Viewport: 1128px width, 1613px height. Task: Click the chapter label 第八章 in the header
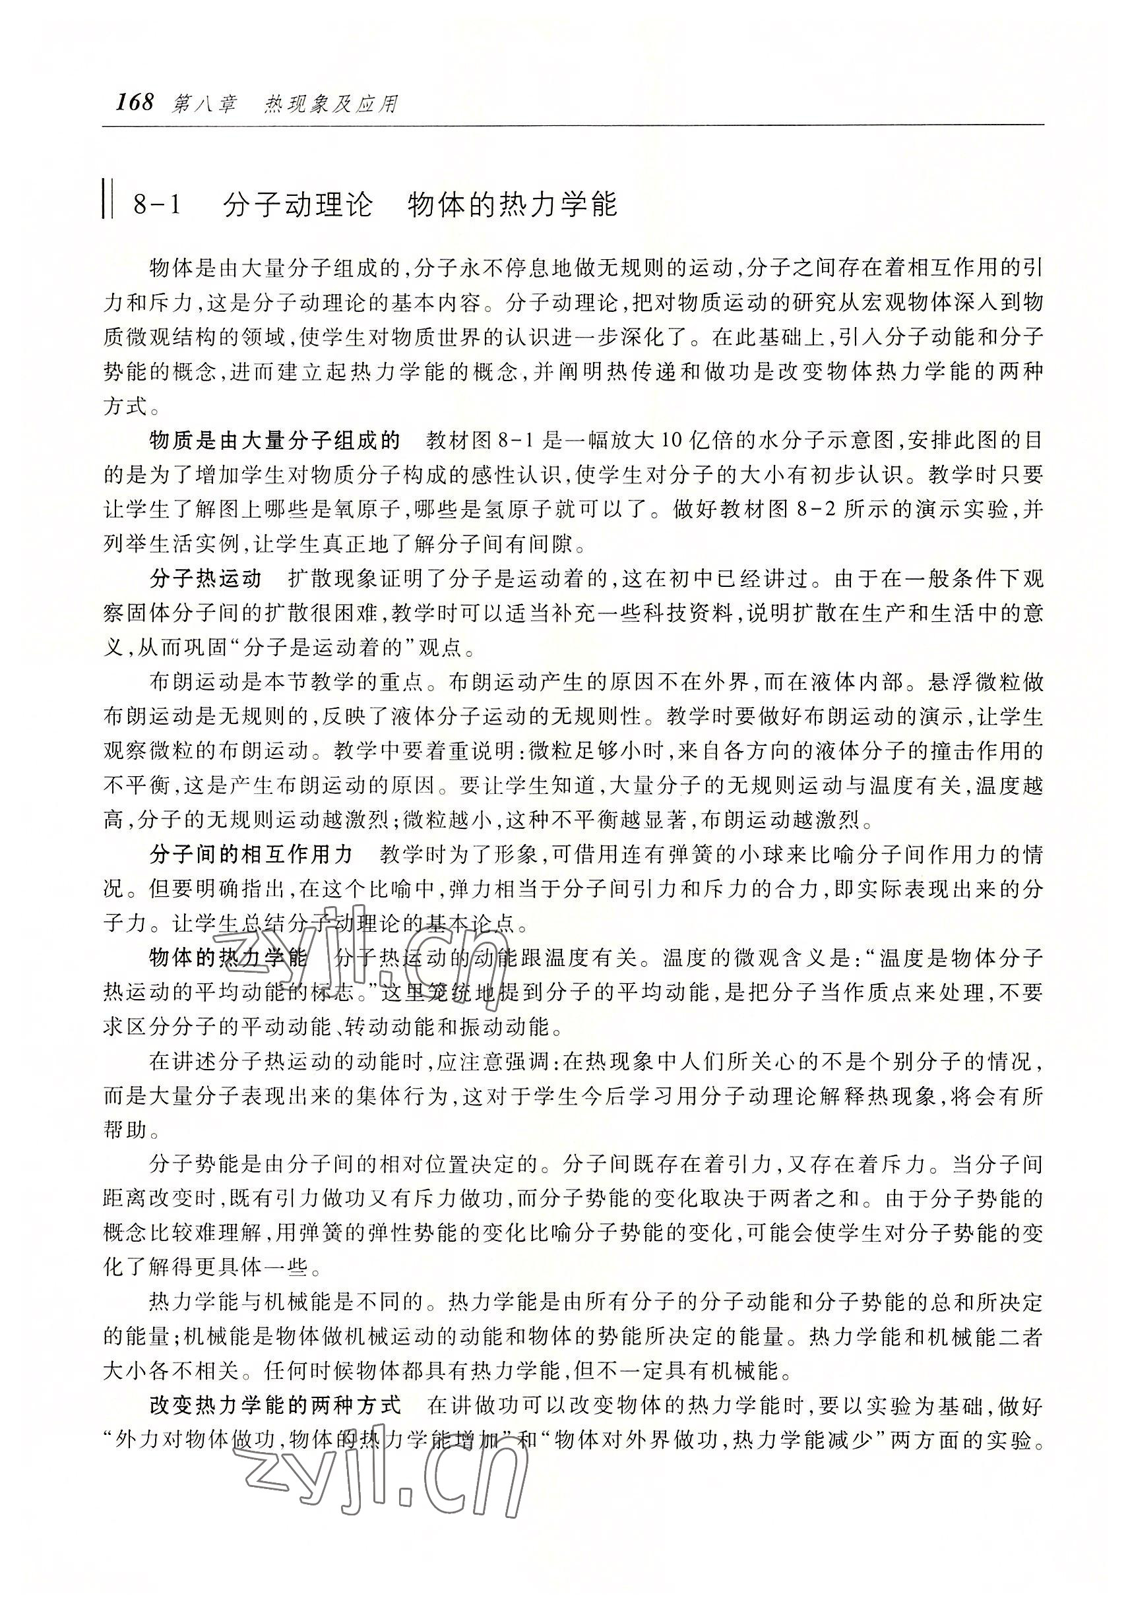click(x=204, y=105)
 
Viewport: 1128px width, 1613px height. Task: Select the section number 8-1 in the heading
click(x=157, y=205)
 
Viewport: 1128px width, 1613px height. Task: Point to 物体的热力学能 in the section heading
click(x=513, y=205)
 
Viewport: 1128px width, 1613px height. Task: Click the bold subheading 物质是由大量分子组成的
click(x=275, y=441)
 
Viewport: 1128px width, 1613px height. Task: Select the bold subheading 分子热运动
click(x=206, y=579)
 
